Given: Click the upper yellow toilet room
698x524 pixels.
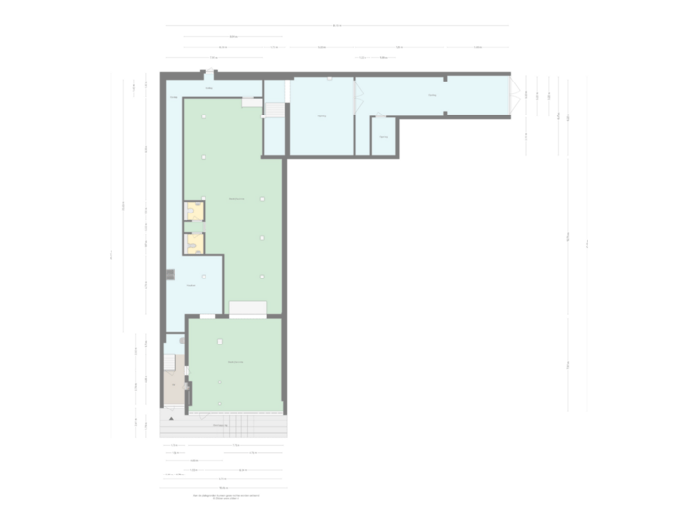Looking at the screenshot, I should [195, 212].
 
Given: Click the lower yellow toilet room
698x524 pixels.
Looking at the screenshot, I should [195, 243].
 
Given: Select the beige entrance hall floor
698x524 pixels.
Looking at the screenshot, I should [174, 389].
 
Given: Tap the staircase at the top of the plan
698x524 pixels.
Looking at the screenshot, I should [275, 110].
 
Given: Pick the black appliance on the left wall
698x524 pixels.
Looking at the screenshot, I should [170, 275].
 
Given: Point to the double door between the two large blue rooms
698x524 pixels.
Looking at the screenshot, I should [357, 97].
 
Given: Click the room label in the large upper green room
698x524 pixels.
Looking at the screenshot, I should [237, 199].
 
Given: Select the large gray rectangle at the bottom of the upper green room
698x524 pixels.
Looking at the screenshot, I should [248, 309].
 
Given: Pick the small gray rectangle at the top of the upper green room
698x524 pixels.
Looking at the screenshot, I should [252, 101].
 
